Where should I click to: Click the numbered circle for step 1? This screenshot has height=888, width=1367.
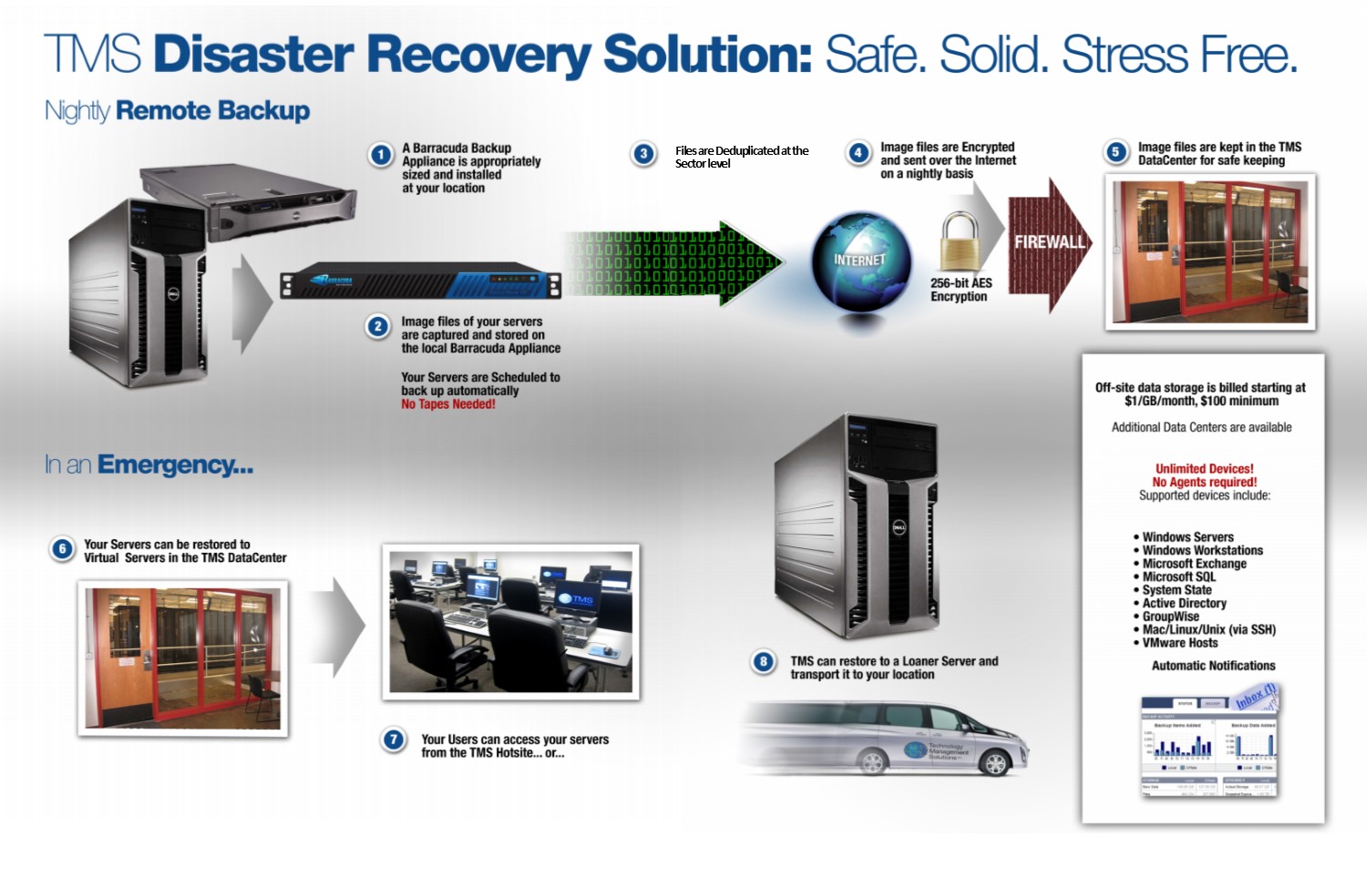pyautogui.click(x=381, y=156)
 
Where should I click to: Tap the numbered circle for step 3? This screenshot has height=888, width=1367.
pyautogui.click(x=643, y=154)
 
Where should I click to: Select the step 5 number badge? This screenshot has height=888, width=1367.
pyautogui.click(x=1115, y=152)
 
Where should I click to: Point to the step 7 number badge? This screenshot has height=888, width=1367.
pyautogui.click(x=394, y=740)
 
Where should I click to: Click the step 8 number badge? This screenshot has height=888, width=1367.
pyautogui.click(x=764, y=662)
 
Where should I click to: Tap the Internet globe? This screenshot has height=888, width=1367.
pyautogui.click(x=860, y=262)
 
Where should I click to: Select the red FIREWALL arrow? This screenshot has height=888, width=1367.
pyautogui.click(x=1049, y=243)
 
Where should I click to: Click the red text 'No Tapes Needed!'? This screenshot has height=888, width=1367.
pyautogui.click(x=448, y=404)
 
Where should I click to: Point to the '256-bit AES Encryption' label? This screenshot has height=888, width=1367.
pyautogui.click(x=961, y=290)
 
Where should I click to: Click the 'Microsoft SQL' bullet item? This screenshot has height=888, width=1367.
pyautogui.click(x=1178, y=577)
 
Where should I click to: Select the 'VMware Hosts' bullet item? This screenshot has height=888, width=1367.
pyautogui.click(x=1179, y=643)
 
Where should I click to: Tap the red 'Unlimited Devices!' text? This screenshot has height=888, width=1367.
pyautogui.click(x=1204, y=469)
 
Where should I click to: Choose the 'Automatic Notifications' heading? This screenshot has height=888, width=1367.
pyautogui.click(x=1213, y=666)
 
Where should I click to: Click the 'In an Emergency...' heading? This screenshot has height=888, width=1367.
pyautogui.click(x=149, y=465)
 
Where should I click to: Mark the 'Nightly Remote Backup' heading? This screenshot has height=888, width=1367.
pyautogui.click(x=178, y=111)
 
